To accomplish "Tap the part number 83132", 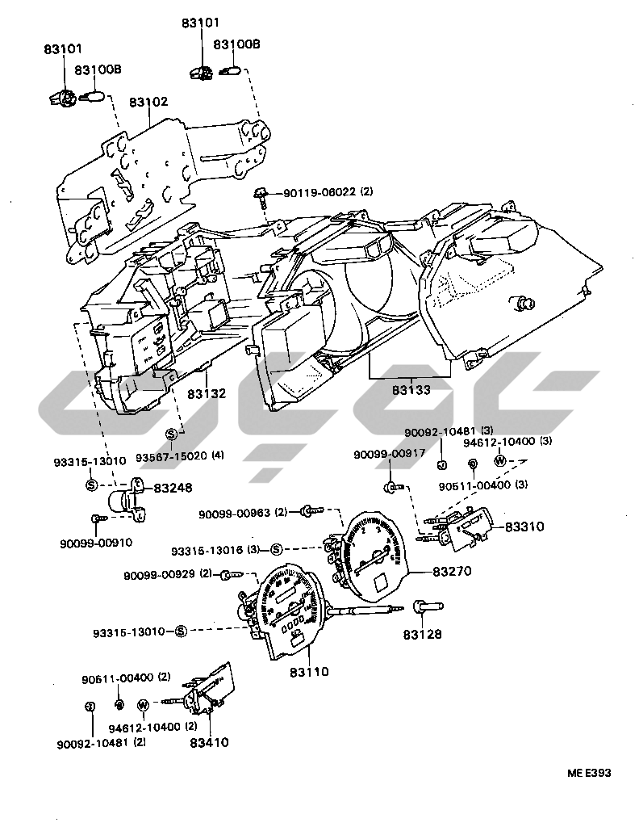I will click(x=207, y=393).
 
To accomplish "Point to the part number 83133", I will click(x=411, y=388).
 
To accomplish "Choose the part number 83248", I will click(x=173, y=488).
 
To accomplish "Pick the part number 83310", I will click(x=524, y=527).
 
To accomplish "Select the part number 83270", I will click(x=453, y=571).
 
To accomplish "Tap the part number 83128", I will click(x=423, y=635).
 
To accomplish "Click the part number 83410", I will click(x=209, y=742).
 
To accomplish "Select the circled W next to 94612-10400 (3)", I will click(x=500, y=460).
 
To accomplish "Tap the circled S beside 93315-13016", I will click(x=276, y=549).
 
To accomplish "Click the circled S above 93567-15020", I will click(x=172, y=434).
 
